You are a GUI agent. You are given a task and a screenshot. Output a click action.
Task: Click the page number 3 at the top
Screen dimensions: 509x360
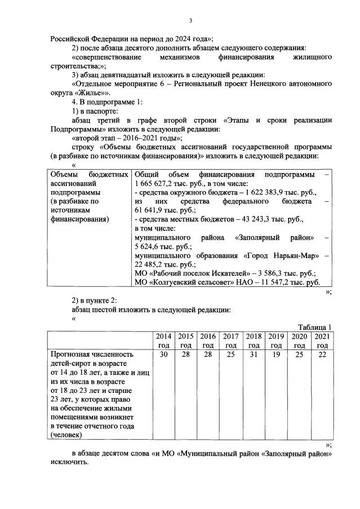coord(190,21)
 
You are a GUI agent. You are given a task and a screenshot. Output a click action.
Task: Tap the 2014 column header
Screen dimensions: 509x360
coord(163,340)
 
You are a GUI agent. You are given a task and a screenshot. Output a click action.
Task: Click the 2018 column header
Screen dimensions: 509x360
coord(254,340)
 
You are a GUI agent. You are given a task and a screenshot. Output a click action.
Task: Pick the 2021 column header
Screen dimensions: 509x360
coord(322,340)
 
